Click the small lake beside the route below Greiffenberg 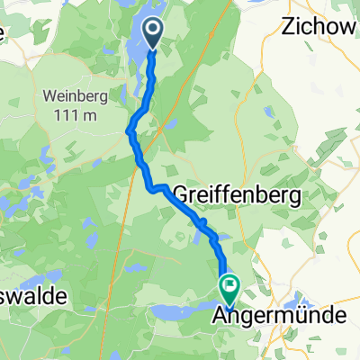(x=197, y=236)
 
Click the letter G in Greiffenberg (x=177, y=194)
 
